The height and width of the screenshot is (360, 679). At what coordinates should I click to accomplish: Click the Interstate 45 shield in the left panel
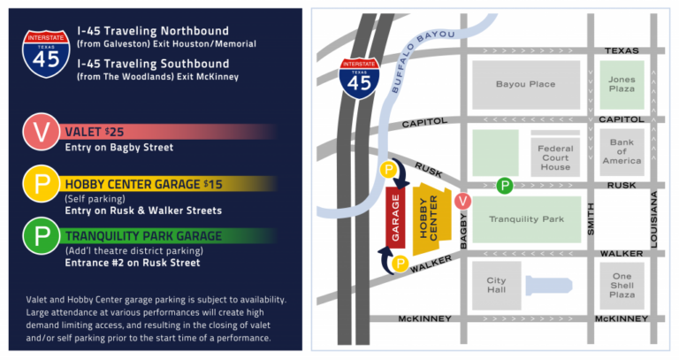pos(46,53)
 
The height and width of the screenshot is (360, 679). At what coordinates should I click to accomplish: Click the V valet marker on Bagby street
pos(461,202)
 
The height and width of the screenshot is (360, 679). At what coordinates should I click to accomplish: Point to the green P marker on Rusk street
pos(504,185)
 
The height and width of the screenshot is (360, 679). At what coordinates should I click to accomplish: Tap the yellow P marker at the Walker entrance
pos(400,264)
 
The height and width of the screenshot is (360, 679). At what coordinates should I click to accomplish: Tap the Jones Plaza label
pos(622,84)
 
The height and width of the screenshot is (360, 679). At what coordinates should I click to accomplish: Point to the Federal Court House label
pos(555,157)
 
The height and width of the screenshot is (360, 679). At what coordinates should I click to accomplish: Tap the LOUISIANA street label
pos(653,217)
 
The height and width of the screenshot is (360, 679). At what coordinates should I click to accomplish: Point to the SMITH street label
pos(590,217)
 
